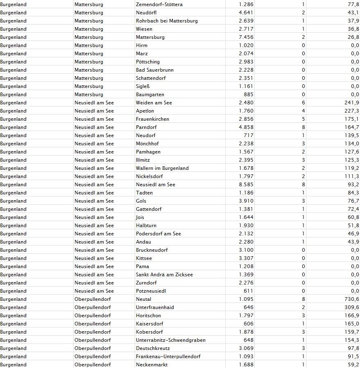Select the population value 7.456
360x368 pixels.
(246, 37)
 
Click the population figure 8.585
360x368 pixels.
(246, 185)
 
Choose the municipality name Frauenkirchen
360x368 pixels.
(152, 119)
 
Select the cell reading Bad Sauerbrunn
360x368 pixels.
(155, 70)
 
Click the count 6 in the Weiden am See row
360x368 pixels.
(303, 103)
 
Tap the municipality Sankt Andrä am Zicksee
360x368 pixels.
(164, 275)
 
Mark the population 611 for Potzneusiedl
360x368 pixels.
(248, 291)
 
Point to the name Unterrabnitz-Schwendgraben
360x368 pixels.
(171, 340)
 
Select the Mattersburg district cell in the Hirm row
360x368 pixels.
(89, 45)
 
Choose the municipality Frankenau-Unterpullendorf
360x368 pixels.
(168, 357)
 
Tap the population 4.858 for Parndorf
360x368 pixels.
(246, 127)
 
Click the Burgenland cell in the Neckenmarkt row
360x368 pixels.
(14, 365)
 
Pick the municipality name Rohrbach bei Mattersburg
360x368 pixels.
(167, 21)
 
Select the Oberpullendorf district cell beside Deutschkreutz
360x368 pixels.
(93, 348)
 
